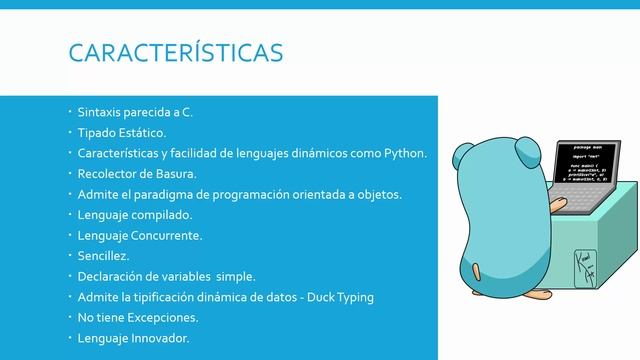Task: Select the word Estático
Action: click(x=143, y=133)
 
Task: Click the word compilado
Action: click(x=163, y=215)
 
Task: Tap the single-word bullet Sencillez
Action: click(x=103, y=256)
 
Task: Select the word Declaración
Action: click(x=112, y=276)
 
